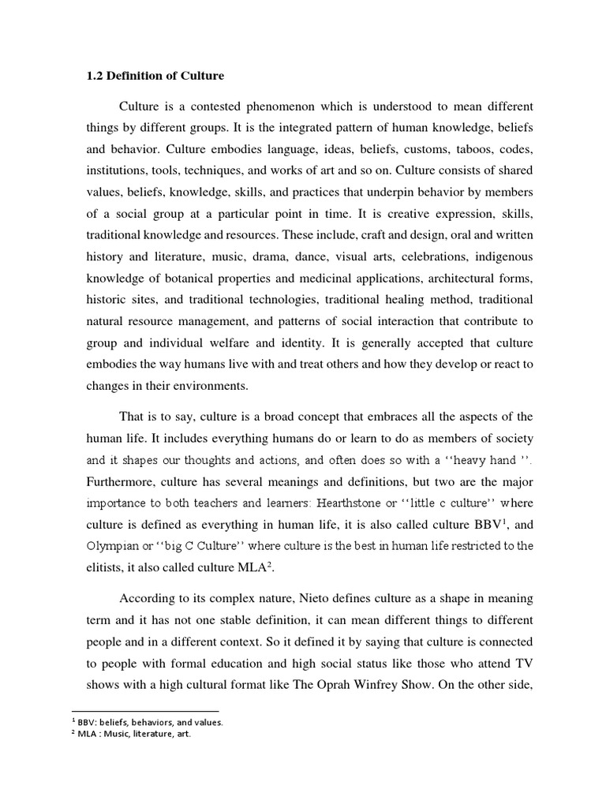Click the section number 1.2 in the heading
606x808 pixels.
94,77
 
